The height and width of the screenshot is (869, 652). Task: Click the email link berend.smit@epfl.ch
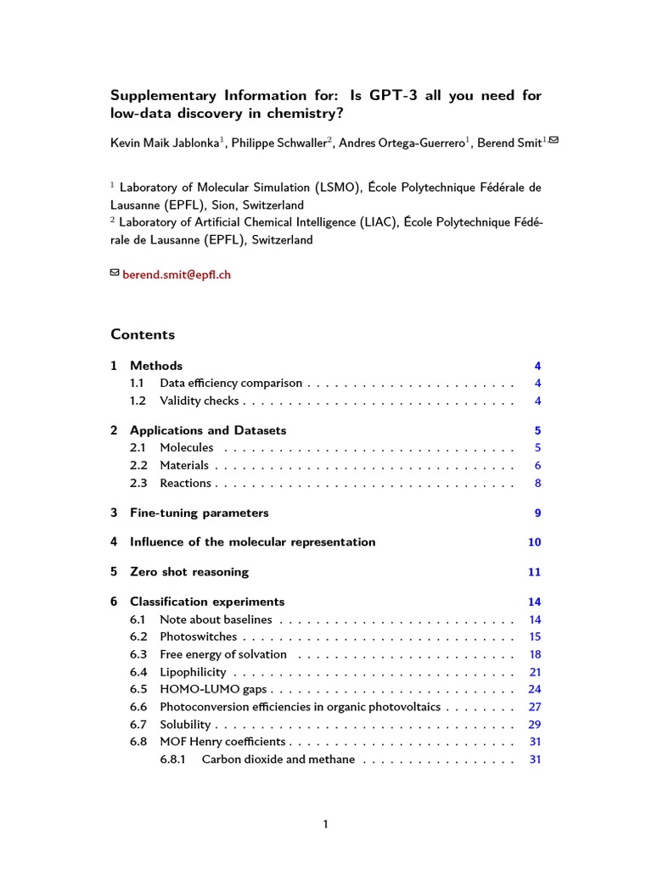[x=177, y=275]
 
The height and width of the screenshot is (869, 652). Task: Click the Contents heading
[x=143, y=334]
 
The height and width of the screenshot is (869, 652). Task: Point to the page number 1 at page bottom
[x=326, y=824]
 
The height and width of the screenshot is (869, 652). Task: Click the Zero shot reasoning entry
[x=189, y=572]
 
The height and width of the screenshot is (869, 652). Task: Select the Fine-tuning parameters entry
[x=199, y=513]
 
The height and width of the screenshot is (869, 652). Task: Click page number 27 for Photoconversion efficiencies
[x=535, y=707]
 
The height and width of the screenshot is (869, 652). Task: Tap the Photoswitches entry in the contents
[x=198, y=636]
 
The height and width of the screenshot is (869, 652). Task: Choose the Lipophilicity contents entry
[x=193, y=672]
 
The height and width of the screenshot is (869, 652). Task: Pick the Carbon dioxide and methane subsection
[x=278, y=760]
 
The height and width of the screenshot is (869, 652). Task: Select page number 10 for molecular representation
[x=534, y=542]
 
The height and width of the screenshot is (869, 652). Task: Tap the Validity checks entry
[x=199, y=401]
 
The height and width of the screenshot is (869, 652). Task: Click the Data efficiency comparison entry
[x=232, y=384]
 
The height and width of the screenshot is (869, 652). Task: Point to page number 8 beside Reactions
[x=537, y=484]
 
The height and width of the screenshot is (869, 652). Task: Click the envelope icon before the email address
[x=115, y=273]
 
